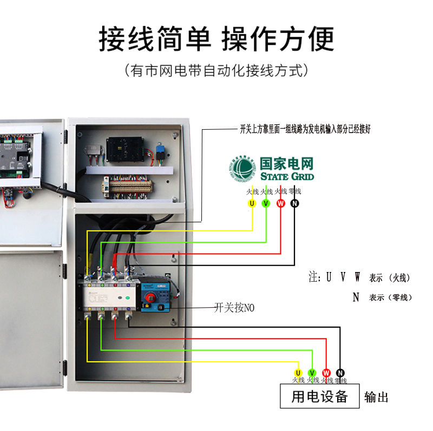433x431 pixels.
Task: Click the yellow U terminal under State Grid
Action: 252,203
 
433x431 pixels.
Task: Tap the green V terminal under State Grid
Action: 266,203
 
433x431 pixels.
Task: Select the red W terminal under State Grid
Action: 280,203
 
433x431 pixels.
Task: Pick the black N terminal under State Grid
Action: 294,203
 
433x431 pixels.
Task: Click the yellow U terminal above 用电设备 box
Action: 298,373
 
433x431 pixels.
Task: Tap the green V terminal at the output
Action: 312,373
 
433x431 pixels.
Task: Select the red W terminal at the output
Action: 326,373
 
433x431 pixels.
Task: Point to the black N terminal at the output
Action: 340,373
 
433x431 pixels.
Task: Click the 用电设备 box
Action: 319,396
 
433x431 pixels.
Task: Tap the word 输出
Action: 376,397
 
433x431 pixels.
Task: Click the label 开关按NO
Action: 234,308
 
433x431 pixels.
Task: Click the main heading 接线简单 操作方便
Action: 216,39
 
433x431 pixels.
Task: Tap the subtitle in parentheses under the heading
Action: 216,70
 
